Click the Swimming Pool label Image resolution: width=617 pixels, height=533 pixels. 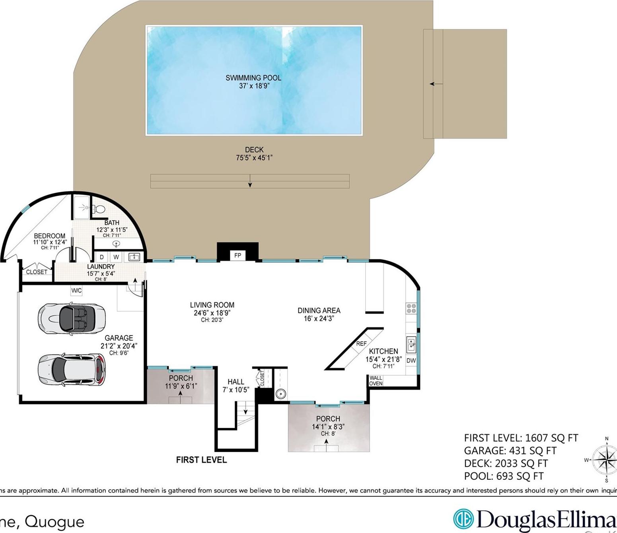click(253, 78)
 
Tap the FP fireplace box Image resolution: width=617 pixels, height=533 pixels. click(237, 256)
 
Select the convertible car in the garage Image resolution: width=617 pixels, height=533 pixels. click(72, 318)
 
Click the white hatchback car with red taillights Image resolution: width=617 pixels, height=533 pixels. click(72, 370)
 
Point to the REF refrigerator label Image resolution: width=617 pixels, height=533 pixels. click(361, 343)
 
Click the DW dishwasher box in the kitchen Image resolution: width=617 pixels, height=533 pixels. click(411, 361)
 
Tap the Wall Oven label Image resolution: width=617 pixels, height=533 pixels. click(376, 381)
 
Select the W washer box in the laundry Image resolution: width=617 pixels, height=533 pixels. click(116, 257)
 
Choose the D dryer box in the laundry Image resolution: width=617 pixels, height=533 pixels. click(102, 257)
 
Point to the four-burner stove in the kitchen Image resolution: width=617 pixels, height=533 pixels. click(411, 308)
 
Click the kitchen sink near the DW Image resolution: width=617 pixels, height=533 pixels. click(411, 344)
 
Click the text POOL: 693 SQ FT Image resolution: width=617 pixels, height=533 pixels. click(504, 476)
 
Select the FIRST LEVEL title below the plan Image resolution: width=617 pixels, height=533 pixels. click(201, 460)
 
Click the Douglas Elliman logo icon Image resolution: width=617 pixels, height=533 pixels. click(463, 519)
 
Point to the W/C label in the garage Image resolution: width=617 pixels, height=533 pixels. click(76, 291)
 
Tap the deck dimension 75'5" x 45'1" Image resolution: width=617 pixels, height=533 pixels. click(254, 158)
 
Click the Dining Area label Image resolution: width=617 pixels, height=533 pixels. click(319, 310)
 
